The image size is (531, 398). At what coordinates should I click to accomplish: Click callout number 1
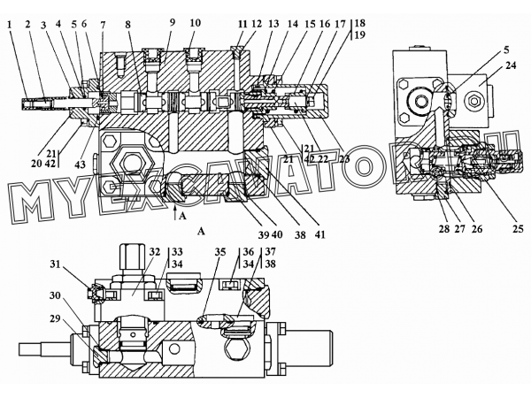coord(10,24)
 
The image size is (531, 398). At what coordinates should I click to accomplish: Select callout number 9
coord(173,23)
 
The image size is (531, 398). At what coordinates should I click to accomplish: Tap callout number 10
coord(195,23)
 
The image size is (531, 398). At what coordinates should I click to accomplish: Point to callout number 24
coord(511,65)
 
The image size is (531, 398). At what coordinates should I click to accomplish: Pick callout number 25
coord(518,229)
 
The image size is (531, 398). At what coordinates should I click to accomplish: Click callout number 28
coord(444,229)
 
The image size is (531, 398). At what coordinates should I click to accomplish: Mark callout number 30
coord(55,295)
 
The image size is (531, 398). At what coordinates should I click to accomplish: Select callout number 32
coord(154,252)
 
